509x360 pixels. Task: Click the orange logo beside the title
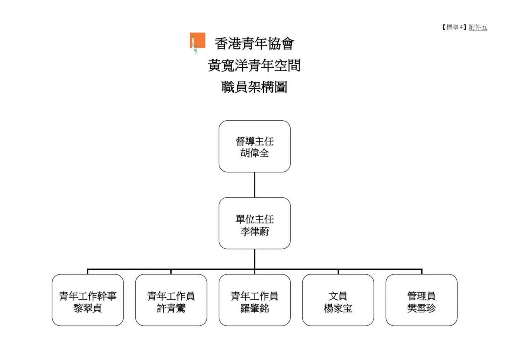tap(198, 41)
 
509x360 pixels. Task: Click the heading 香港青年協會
tap(254, 43)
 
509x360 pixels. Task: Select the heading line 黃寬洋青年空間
tap(254, 65)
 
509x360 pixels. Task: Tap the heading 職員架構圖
tap(254, 87)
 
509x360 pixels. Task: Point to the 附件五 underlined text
tap(478, 27)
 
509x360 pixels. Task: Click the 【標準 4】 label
tap(454, 27)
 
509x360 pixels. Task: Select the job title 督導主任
tap(254, 141)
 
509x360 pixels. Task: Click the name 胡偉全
tap(254, 153)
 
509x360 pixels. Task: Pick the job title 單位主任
tap(254, 219)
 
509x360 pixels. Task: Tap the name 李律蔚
tap(254, 231)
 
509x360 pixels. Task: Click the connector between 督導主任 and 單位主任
tap(254, 184)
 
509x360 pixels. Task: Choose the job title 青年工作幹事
tap(87, 296)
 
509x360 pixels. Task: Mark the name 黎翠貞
tap(87, 308)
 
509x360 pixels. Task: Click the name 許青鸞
tap(171, 308)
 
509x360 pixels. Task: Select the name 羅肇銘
tap(254, 308)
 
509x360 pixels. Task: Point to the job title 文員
tap(338, 296)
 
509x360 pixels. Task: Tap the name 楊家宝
tap(338, 308)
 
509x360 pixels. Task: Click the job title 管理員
tap(422, 296)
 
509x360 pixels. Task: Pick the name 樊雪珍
tap(422, 308)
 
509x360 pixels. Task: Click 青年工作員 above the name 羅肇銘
tap(254, 296)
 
